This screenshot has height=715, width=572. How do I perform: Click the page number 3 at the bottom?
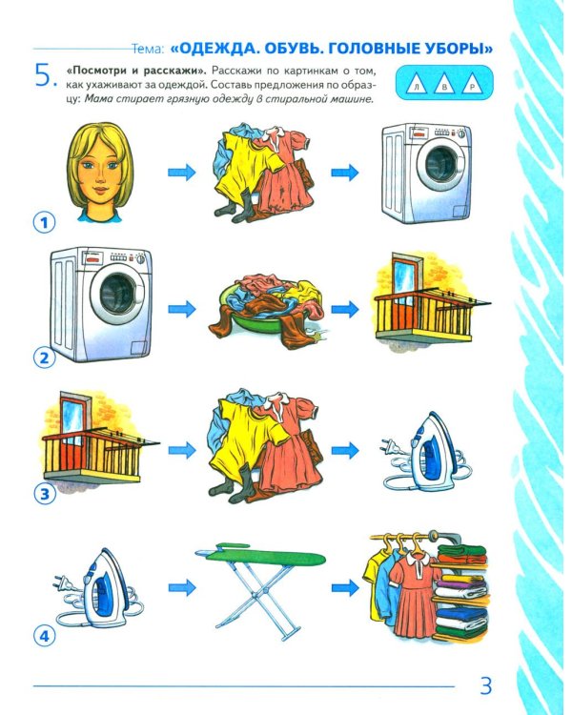(484, 684)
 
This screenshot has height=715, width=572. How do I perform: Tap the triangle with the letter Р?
(472, 88)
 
